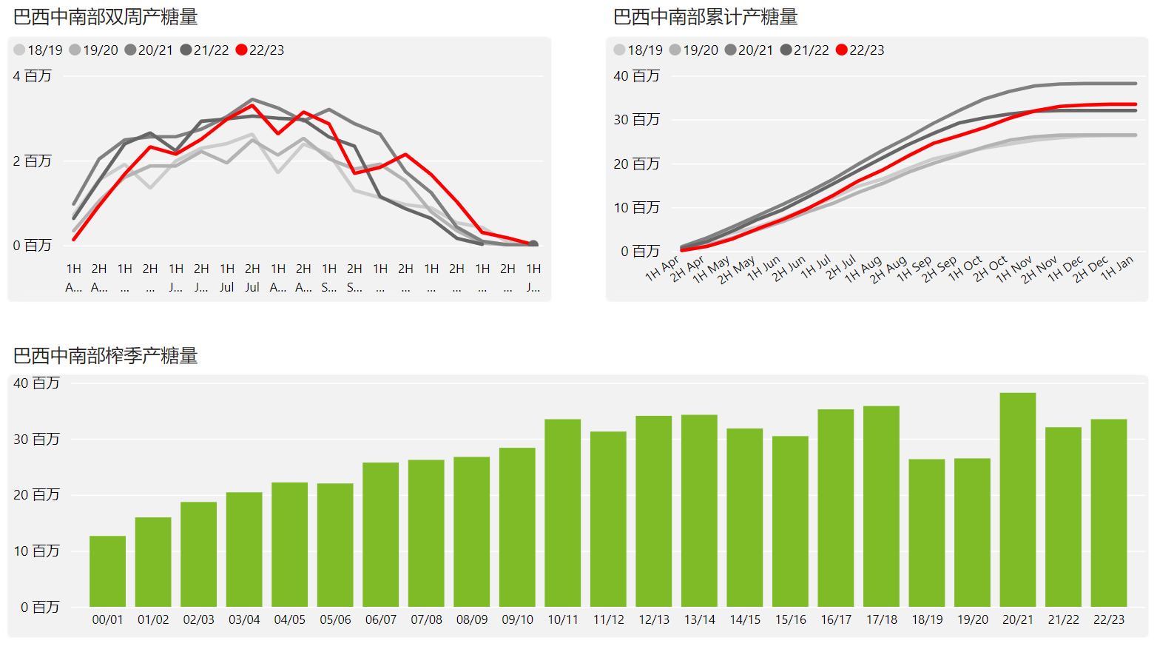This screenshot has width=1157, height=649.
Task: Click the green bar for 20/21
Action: [x=1017, y=500]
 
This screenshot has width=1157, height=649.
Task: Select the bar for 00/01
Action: [x=107, y=571]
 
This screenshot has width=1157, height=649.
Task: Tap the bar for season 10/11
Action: [x=562, y=513]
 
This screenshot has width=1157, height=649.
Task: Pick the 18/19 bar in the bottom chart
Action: [x=926, y=533]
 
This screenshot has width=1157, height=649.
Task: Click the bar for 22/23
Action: [x=1108, y=513]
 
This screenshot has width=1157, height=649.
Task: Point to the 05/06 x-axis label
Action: [x=335, y=620]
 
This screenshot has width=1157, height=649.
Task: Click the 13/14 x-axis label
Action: [x=699, y=620]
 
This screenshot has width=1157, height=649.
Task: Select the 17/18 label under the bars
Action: [x=881, y=620]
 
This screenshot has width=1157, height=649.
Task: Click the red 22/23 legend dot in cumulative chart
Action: [x=841, y=50]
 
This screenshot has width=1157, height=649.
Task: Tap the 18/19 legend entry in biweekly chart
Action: [x=38, y=50]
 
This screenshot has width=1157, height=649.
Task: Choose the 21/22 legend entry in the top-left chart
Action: [x=205, y=50]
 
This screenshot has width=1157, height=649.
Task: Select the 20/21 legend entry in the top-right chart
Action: [x=749, y=50]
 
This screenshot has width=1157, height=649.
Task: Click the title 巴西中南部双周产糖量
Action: [x=106, y=17]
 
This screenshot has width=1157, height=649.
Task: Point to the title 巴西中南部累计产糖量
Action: [x=706, y=17]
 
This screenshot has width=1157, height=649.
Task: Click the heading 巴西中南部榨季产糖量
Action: [x=106, y=356]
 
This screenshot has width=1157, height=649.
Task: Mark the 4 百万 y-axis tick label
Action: [x=33, y=76]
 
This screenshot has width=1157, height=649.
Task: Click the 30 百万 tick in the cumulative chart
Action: [x=636, y=120]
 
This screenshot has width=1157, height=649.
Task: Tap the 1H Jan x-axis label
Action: [x=1117, y=269]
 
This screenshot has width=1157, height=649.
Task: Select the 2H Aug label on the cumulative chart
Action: [x=888, y=270]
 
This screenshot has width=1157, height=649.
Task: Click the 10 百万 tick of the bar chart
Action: [x=37, y=551]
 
